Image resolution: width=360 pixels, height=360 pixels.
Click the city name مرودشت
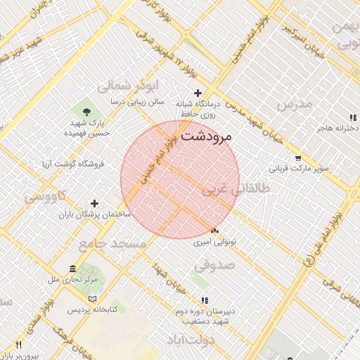click(x=215, y=136)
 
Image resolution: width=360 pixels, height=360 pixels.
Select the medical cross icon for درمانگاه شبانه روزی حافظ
click(x=198, y=93)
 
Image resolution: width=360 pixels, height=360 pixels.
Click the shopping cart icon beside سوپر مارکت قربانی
click(x=298, y=157)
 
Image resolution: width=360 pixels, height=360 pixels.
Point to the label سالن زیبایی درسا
click(x=137, y=101)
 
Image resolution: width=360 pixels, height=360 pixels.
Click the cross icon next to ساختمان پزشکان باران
click(x=94, y=203)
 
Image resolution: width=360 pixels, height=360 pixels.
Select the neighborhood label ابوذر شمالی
click(x=124, y=86)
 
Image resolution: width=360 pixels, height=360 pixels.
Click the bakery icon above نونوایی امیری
click(x=214, y=231)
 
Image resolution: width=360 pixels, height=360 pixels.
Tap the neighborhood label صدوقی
click(x=213, y=266)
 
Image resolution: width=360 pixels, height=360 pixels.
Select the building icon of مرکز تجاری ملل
click(x=73, y=269)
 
